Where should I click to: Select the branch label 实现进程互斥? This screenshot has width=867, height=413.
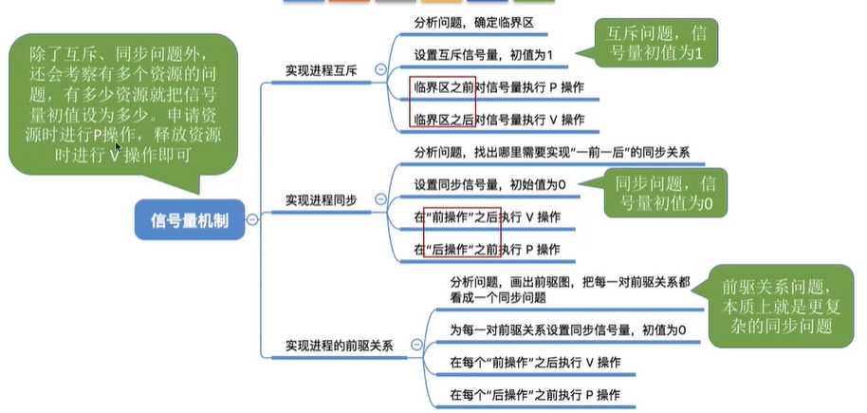pyautogui.click(x=322, y=69)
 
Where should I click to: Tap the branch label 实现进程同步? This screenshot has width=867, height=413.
pyautogui.click(x=322, y=200)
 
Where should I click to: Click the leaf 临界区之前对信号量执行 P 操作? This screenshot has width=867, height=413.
pyautogui.click(x=499, y=88)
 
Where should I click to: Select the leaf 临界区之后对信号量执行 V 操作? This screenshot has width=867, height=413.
pyautogui.click(x=499, y=120)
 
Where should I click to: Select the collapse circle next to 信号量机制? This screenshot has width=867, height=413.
pyautogui.click(x=252, y=219)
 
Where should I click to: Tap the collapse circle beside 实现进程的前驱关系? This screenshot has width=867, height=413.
pyautogui.click(x=418, y=346)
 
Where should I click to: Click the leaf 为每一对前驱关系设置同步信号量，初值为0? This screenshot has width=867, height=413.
pyautogui.click(x=568, y=329)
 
